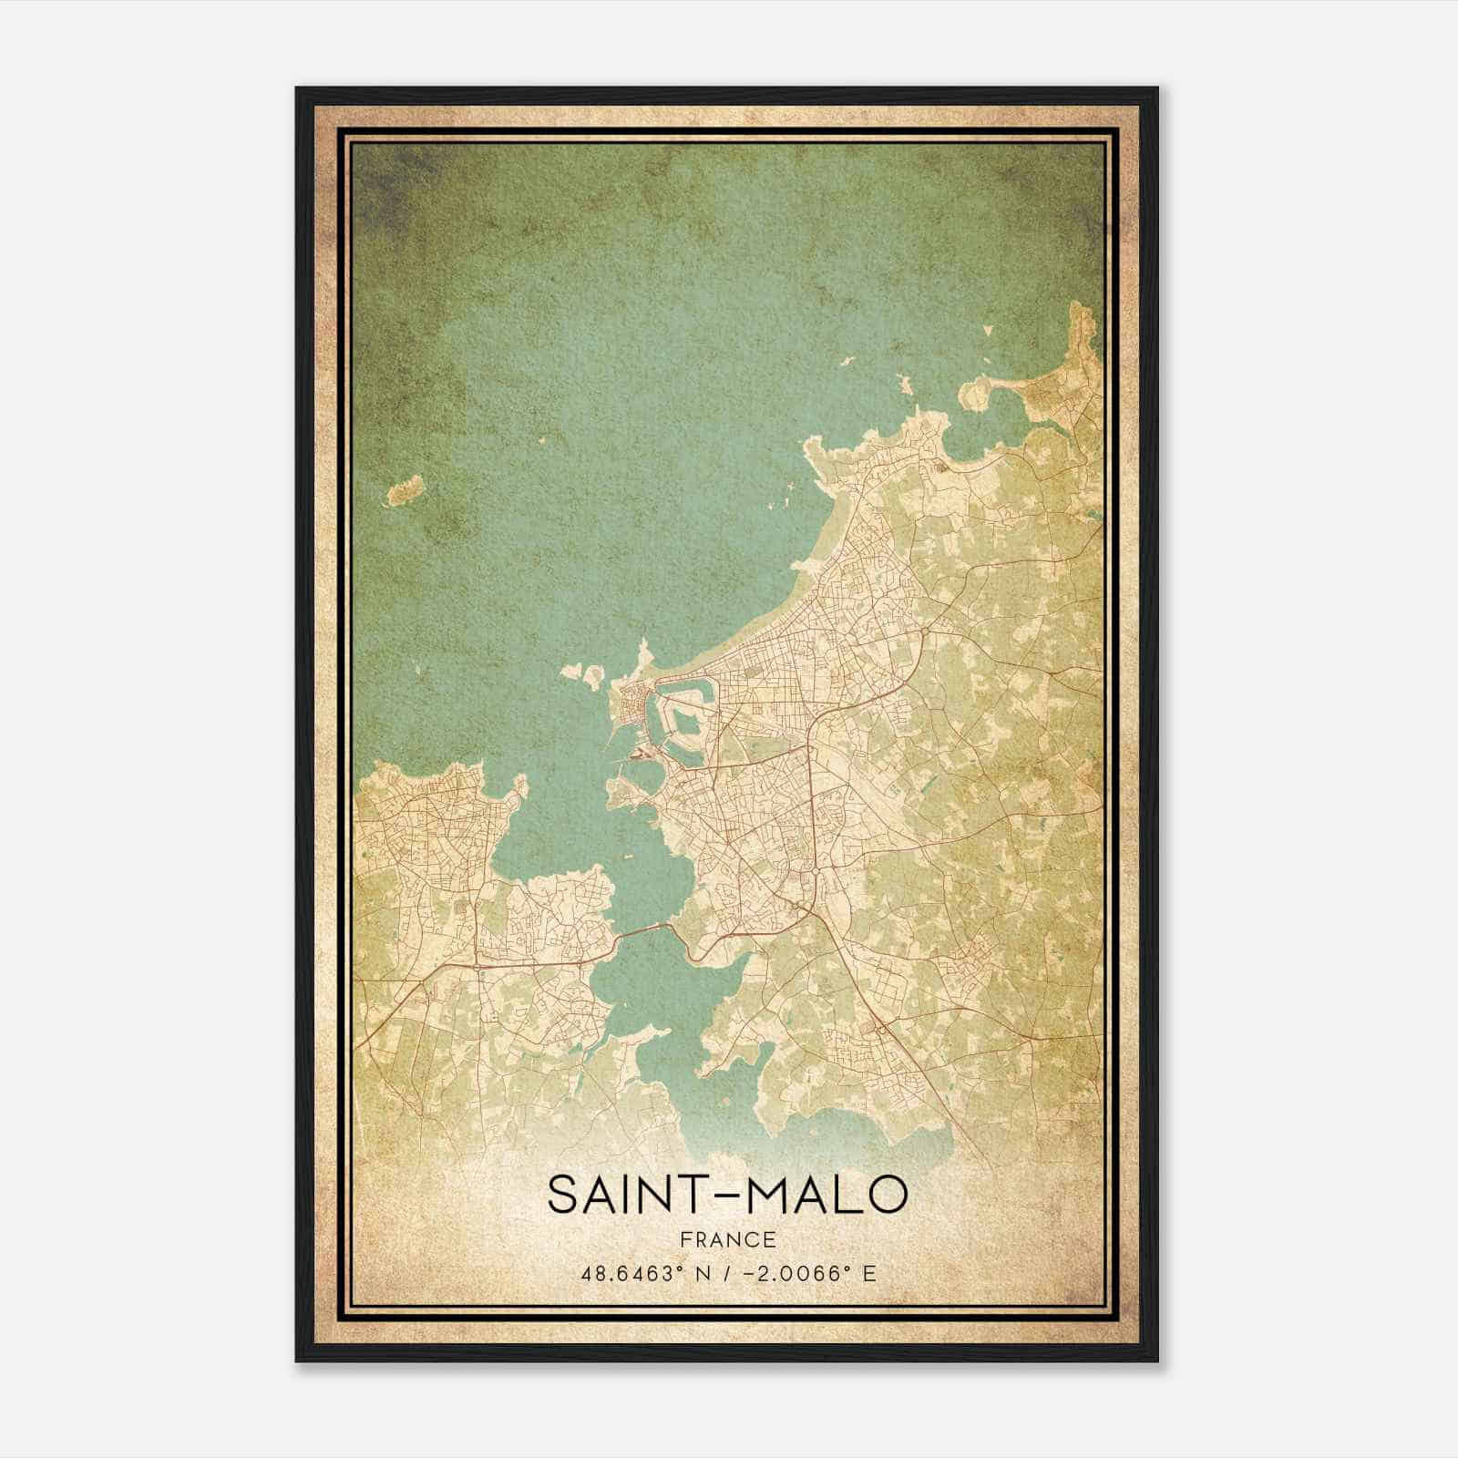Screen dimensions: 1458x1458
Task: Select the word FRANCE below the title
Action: point(728,1239)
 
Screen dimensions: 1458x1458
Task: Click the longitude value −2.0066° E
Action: point(810,1273)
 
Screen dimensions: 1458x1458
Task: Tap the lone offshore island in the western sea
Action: point(402,489)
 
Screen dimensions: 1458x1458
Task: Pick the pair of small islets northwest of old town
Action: point(583,673)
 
